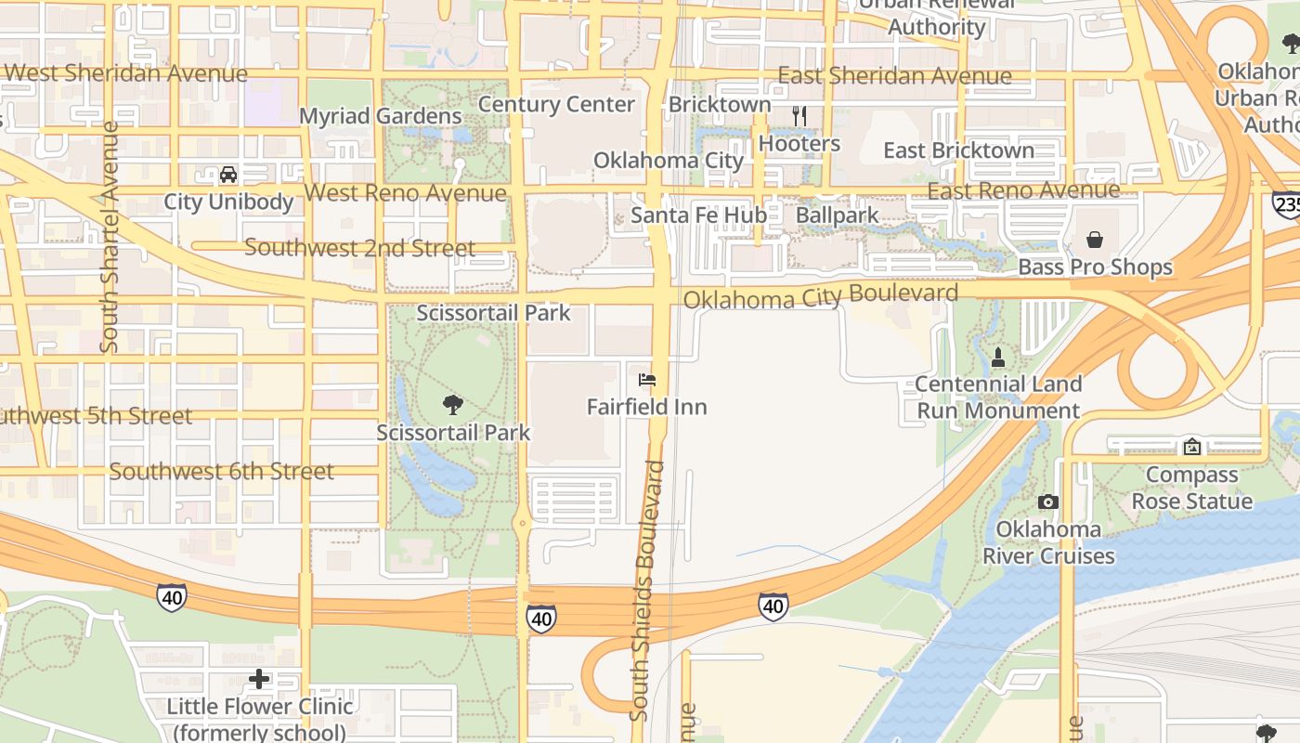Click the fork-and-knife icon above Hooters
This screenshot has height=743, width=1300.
[x=799, y=116]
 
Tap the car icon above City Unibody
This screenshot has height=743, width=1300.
[x=228, y=174]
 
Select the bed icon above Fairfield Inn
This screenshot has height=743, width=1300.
[x=647, y=380]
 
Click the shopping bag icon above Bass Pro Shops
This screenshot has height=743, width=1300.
[x=1095, y=240]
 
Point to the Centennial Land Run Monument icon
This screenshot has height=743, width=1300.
[x=998, y=357]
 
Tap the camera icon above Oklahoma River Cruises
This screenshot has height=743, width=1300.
[x=1047, y=502]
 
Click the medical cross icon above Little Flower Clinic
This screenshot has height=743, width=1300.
[x=259, y=679]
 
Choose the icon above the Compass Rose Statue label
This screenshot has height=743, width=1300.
[x=1191, y=448]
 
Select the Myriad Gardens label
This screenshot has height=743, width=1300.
[x=380, y=116]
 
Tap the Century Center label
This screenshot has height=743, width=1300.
[x=556, y=104]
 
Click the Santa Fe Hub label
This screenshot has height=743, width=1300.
[x=699, y=215]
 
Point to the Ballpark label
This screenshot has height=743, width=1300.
[x=837, y=215]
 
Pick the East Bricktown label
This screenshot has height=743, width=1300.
[x=958, y=150]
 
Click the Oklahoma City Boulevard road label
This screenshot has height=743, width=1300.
[x=821, y=297]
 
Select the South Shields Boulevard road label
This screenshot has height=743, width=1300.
[x=647, y=590]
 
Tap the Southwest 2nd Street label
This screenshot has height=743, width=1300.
[x=359, y=248]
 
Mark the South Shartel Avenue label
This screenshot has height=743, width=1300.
[x=110, y=237]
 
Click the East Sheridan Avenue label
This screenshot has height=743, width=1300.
[x=894, y=76]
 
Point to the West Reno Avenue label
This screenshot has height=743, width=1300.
[x=405, y=193]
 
